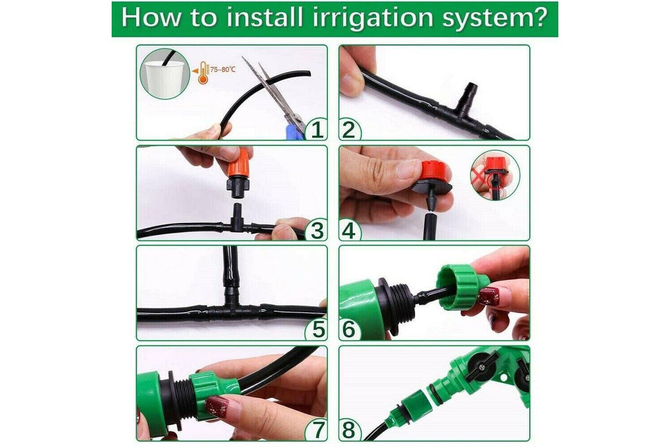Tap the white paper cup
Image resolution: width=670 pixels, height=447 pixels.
pos(164,79)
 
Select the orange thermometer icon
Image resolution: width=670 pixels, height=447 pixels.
pos(203,73)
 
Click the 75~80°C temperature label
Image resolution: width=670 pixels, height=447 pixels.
pos(223,70)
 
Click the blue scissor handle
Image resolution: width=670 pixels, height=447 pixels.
pos(295,132)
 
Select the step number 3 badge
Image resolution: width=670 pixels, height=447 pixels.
pos(317,230)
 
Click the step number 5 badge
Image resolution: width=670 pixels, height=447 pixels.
pos(317,330)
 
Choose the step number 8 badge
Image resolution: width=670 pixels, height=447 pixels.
pos(350,430)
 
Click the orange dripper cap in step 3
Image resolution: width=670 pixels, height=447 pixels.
pos(238,164)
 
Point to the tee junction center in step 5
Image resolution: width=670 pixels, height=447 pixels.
pos(231,312)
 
